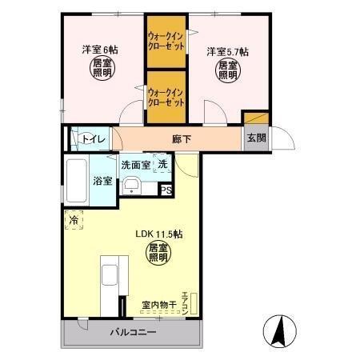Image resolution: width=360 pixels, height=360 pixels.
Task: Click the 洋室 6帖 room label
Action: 100,50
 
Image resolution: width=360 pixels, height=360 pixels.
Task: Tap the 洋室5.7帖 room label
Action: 226,52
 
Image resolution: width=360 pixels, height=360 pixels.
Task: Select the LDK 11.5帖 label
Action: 158,234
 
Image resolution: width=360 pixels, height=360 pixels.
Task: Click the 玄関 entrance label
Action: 256,138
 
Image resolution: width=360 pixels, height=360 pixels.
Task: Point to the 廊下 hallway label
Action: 182,138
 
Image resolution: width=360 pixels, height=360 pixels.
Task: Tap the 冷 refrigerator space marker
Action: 74,218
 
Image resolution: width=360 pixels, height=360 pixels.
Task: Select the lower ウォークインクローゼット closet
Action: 166,97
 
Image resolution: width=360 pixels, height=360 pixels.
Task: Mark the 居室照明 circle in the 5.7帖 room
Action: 227,72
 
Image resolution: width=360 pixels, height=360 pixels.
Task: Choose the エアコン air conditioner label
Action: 185,301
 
